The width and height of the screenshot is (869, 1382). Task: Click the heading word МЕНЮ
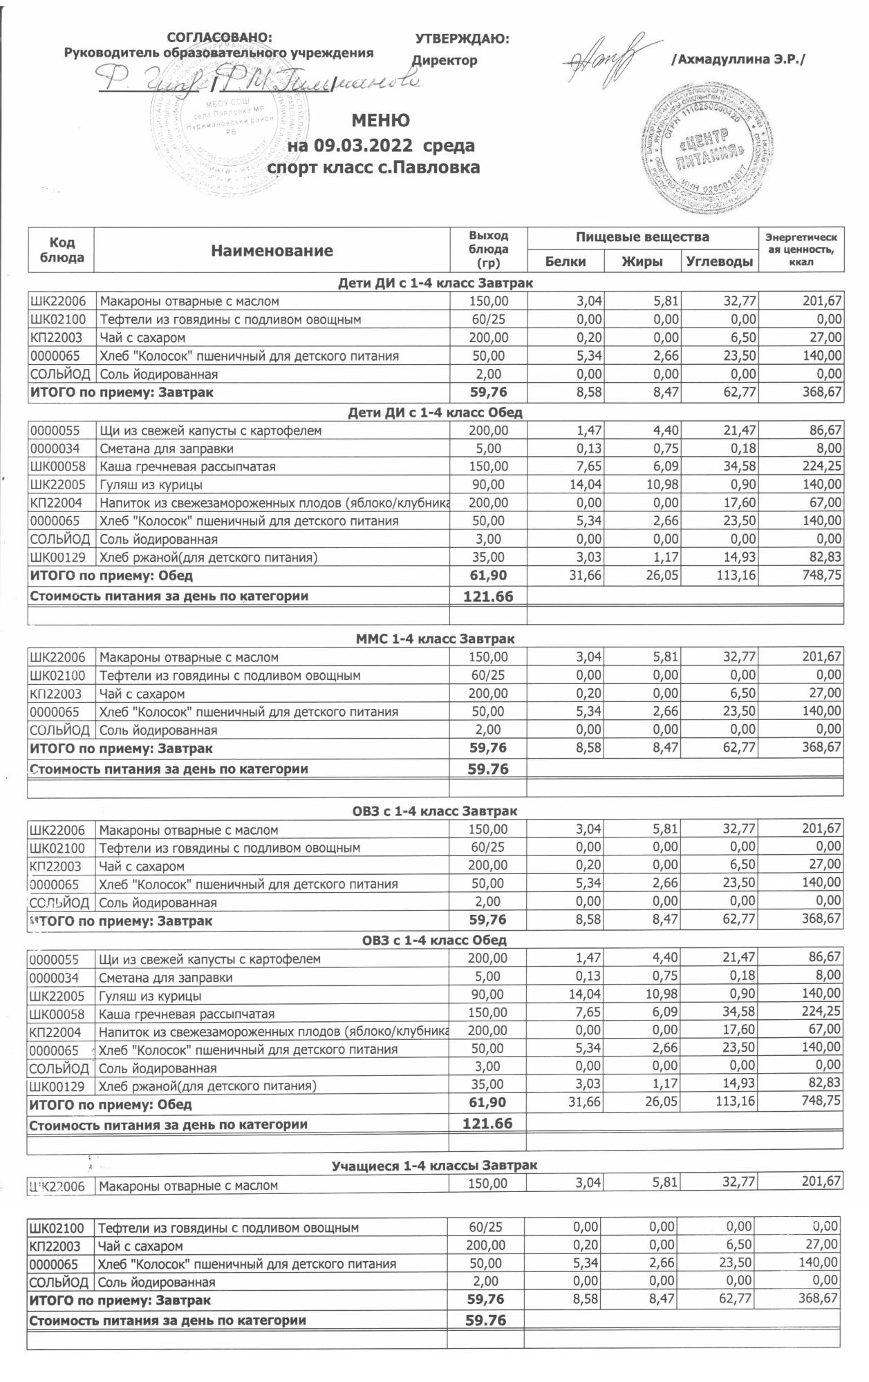click(x=380, y=121)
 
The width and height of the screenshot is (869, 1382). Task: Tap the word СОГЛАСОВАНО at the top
click(x=220, y=38)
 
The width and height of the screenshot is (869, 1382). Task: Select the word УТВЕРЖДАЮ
click(x=462, y=39)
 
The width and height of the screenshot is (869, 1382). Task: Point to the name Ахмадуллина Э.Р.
click(x=738, y=60)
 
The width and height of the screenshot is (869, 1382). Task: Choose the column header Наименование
click(x=272, y=251)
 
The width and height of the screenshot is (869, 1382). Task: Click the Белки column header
click(x=565, y=261)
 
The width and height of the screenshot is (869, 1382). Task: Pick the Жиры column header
click(x=642, y=261)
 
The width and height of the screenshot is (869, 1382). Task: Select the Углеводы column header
click(x=720, y=261)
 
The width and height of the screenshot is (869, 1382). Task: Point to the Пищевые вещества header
click(x=642, y=238)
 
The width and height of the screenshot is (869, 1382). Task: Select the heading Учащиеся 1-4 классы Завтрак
click(x=434, y=1166)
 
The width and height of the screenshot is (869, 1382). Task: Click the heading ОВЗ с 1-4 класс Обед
click(x=434, y=940)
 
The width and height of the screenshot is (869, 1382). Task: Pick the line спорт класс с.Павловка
click(x=373, y=167)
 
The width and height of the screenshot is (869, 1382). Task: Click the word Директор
click(x=445, y=60)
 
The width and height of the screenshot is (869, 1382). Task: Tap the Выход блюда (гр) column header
click(x=488, y=249)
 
